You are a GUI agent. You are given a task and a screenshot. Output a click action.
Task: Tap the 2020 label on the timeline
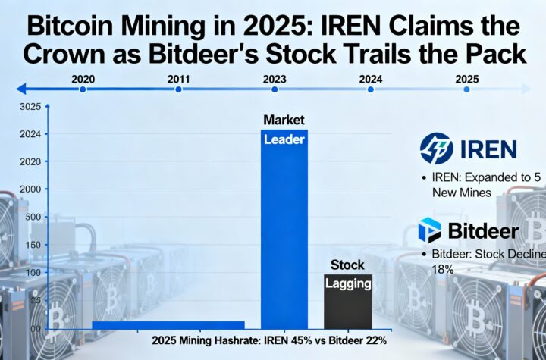point(83,78)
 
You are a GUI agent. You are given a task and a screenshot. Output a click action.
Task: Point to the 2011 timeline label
point(178,78)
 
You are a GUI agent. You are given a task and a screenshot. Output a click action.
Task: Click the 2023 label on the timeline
point(274,78)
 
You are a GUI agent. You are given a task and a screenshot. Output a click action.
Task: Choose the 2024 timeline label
point(371,78)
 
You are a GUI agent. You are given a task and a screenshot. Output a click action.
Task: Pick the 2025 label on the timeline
point(466,78)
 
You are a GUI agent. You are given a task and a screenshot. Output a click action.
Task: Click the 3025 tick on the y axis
point(30,106)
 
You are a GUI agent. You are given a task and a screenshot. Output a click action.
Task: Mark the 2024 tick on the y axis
point(30,134)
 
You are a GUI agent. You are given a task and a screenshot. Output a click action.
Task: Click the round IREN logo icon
point(436,149)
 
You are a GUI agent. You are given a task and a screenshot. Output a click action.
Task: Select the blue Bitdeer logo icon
point(429,231)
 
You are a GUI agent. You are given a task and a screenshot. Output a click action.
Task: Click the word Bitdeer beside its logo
point(482,231)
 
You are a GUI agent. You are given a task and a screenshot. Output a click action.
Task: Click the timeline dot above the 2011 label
point(178,89)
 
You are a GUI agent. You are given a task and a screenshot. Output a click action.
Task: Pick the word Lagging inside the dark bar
point(348,284)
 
